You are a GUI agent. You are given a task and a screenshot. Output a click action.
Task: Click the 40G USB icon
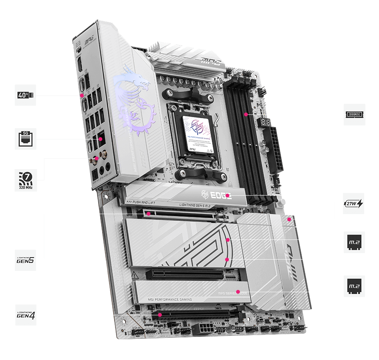point(25,95)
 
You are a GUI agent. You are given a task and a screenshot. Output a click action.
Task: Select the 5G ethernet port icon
point(25,139)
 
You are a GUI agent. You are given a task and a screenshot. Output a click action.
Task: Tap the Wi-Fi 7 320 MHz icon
point(25,180)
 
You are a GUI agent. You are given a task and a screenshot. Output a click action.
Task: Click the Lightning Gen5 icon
point(25,260)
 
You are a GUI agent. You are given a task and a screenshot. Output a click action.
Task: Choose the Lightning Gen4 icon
point(25,315)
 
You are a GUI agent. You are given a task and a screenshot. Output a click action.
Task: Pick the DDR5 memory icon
point(355,114)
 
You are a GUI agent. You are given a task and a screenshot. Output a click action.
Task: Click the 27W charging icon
point(354,203)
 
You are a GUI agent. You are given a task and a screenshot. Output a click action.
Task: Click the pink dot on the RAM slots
point(246,114)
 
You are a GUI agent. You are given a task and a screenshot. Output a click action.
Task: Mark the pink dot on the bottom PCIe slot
point(160,315)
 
